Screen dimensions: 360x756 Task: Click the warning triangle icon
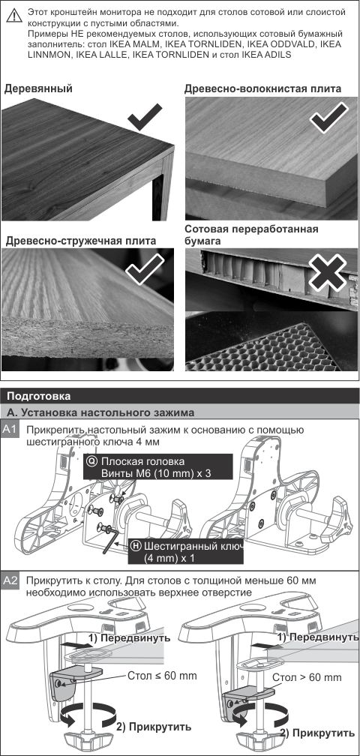click(14, 15)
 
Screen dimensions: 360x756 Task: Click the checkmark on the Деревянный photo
click(145, 115)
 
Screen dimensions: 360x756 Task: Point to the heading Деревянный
click(38, 88)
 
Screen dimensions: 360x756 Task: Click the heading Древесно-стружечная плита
click(81, 241)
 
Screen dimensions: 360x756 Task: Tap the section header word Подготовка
click(38, 396)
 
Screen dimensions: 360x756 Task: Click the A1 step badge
click(10, 430)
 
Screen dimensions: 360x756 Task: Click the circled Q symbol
click(92, 460)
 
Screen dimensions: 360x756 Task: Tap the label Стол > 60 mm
click(307, 677)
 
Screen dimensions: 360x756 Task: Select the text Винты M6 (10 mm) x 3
click(156, 473)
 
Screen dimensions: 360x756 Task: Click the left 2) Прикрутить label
click(154, 727)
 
